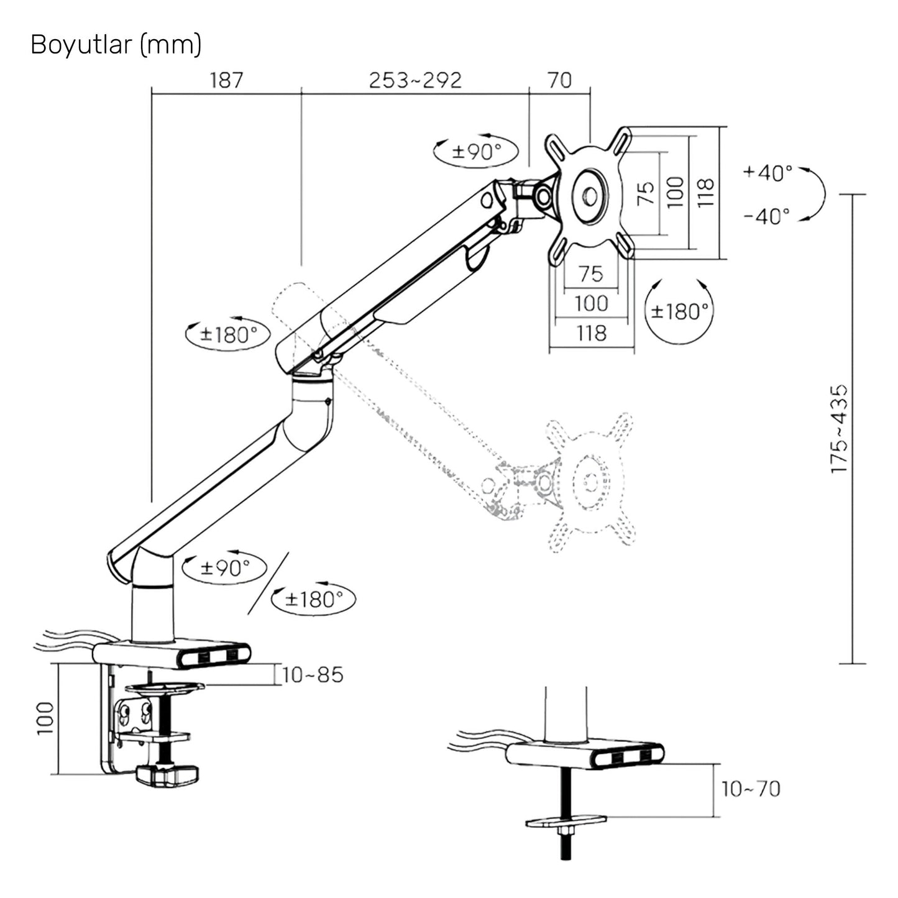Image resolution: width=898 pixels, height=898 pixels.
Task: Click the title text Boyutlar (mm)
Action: click(x=116, y=45)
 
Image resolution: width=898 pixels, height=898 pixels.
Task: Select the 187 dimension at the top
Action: click(x=226, y=80)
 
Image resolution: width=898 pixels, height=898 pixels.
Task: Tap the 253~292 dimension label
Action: click(x=415, y=80)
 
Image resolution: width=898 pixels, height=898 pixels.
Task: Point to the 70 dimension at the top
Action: click(x=559, y=80)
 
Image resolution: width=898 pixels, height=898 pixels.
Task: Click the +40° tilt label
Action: click(x=768, y=172)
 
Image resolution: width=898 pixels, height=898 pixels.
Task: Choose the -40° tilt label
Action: click(x=767, y=216)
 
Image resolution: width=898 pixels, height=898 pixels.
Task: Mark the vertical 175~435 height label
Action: click(x=840, y=429)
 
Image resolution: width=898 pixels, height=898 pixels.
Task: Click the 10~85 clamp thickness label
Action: click(x=313, y=675)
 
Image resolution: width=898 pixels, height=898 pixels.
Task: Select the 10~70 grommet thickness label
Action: click(x=750, y=789)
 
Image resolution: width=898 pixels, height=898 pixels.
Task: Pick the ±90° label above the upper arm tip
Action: click(x=476, y=151)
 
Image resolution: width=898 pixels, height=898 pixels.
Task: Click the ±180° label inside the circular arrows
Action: click(x=680, y=311)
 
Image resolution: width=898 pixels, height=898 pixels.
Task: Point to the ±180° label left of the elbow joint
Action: click(x=228, y=335)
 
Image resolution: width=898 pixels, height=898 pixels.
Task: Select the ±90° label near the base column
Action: click(x=225, y=567)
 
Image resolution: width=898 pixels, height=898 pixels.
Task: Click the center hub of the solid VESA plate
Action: click(x=590, y=196)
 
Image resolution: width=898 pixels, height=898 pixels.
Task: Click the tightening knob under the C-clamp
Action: click(x=166, y=774)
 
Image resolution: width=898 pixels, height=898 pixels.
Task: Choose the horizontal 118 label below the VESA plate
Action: click(x=591, y=334)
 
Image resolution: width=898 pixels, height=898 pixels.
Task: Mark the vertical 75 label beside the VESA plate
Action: click(x=646, y=194)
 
